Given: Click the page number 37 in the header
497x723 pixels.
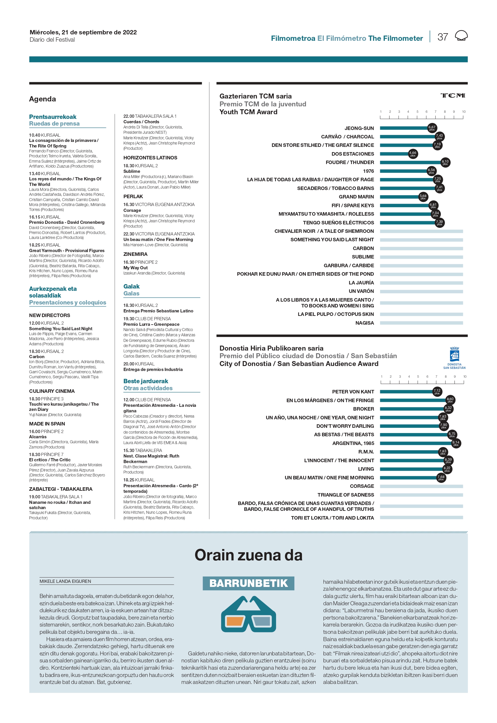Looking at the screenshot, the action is coord(443,37).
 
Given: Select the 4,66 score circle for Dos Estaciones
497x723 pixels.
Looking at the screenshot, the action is coord(413,154).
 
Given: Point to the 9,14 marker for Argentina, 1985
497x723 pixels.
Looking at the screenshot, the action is coord(456,443).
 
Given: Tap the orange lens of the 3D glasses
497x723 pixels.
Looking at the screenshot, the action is coord(235,621).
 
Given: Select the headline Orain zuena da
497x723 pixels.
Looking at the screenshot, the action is coord(249,555).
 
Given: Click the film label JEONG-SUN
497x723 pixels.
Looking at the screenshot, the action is coord(359,128).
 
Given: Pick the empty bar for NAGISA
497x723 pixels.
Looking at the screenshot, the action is coord(421,323).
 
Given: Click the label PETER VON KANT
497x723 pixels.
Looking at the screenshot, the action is coord(353,392).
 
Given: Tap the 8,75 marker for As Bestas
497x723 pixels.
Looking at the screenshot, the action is coord(452,434).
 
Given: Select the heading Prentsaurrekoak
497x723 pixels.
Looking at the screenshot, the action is coord(53,117).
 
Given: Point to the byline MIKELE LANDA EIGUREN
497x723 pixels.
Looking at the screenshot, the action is coord(66,581).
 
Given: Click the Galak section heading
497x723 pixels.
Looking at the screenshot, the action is coord(131,286).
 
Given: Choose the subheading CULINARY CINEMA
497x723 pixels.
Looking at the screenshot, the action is coord(52,391).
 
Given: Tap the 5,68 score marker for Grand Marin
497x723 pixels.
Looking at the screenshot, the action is coord(423,197).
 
